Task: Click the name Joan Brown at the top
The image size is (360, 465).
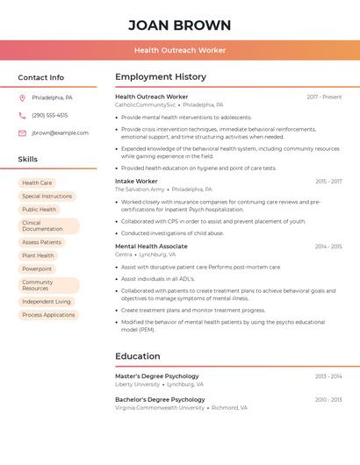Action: [x=179, y=25]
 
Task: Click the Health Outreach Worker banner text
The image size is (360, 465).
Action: [x=179, y=50]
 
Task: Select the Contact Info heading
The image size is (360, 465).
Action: [x=41, y=77]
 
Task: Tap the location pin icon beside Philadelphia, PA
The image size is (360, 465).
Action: [x=22, y=97]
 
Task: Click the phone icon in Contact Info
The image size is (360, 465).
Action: [x=22, y=115]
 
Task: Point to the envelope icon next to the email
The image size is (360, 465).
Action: [x=22, y=133]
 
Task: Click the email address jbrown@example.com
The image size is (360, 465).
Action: [x=60, y=133]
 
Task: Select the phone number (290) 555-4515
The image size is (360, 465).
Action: [x=49, y=115]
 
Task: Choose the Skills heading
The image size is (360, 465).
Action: [x=28, y=159]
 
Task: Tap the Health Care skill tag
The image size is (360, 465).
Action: [x=37, y=183]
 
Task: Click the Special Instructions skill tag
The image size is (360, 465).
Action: [x=47, y=197]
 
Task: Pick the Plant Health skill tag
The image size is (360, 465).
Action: [x=38, y=255]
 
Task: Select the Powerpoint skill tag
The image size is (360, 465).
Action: [x=37, y=268]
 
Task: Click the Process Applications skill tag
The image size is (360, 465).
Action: [x=48, y=315]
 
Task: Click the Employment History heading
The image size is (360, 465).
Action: [x=161, y=77]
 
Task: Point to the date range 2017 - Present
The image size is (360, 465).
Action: [x=324, y=97]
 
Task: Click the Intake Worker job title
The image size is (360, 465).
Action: [x=136, y=182]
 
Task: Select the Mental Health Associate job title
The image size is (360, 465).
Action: [x=151, y=247]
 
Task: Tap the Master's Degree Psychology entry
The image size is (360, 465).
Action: [x=157, y=376]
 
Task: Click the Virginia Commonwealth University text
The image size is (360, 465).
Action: [x=160, y=408]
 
